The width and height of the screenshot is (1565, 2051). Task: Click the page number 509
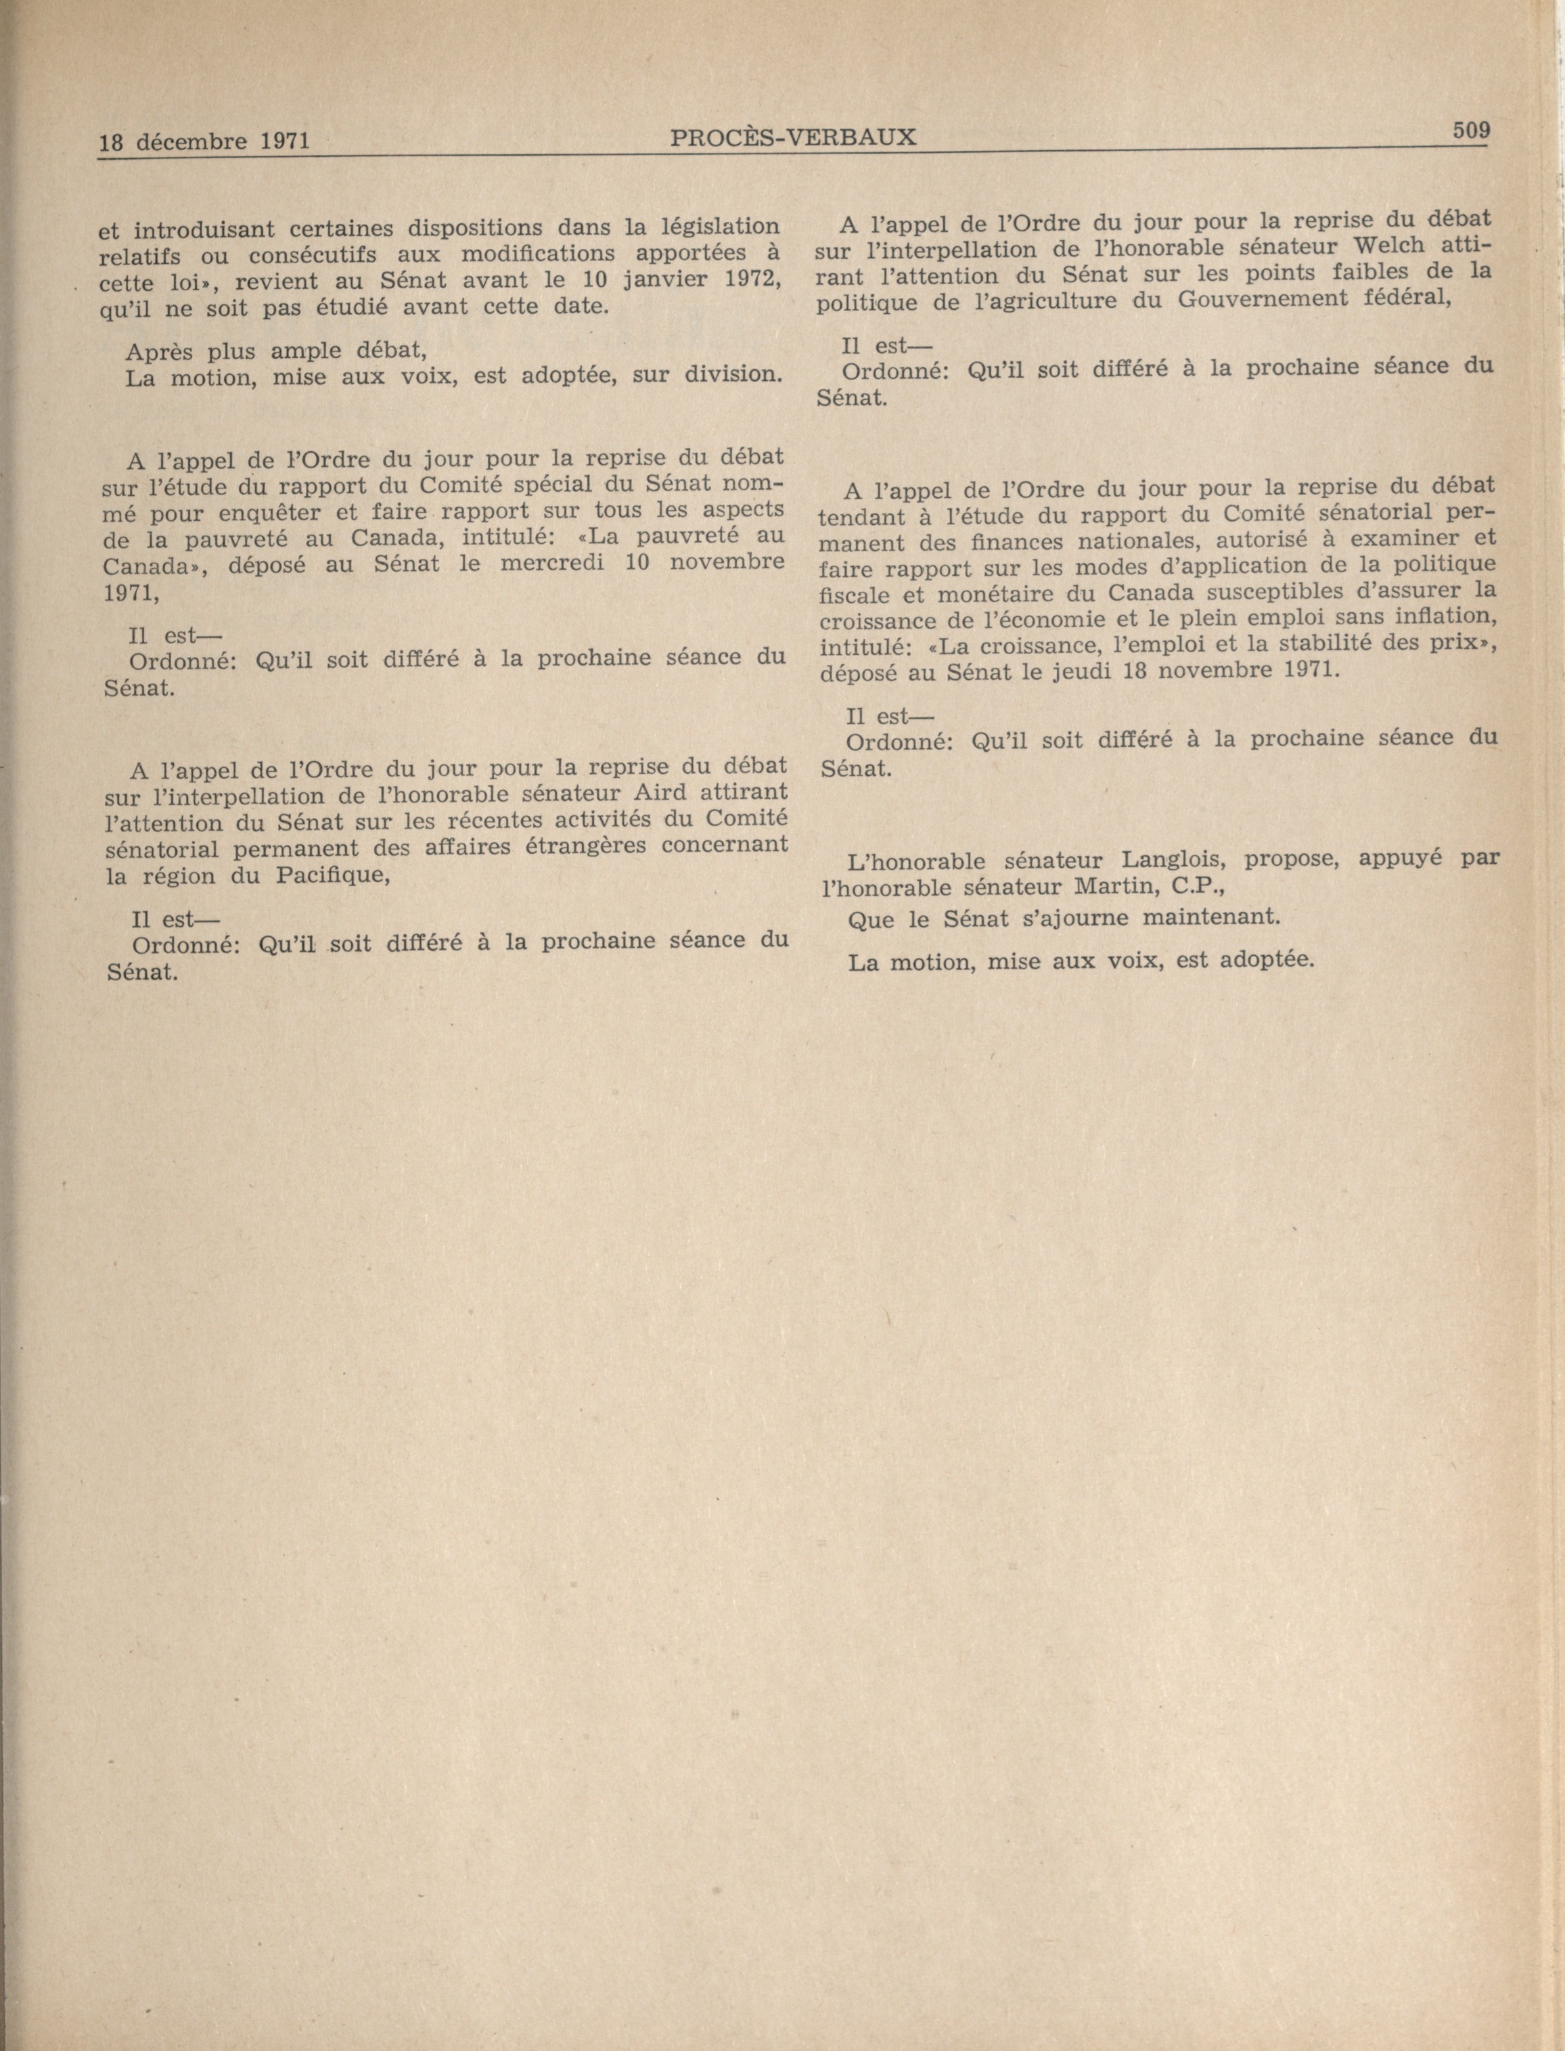click(1472, 131)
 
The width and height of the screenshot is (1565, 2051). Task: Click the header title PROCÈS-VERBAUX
click(793, 138)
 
